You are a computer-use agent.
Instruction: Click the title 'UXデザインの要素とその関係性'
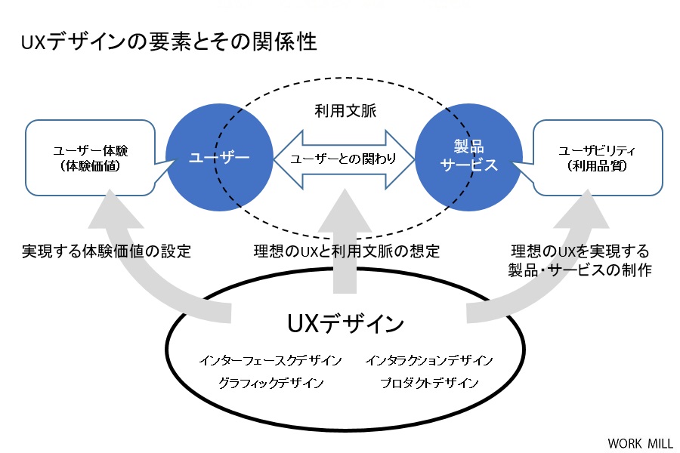pos(169,42)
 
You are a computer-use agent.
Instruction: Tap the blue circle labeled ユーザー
pos(219,157)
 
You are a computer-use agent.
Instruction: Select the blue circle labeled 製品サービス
pos(468,157)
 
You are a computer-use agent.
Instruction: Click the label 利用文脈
pos(345,111)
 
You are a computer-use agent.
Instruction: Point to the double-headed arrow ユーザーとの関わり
pos(344,159)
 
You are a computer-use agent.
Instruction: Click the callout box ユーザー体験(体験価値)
pos(90,158)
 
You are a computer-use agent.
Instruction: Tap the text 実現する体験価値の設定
pos(107,251)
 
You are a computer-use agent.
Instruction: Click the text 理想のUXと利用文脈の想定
pos(347,251)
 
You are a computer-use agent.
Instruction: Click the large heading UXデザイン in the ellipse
pos(345,323)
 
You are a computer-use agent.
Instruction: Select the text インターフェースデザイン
pos(270,360)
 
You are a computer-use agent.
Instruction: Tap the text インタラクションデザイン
pos(429,360)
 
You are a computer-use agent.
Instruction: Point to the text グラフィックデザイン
pos(270,383)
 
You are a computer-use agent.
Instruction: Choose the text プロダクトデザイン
pos(429,383)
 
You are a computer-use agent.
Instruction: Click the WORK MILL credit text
pos(640,443)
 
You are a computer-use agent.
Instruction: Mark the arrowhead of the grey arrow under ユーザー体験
pos(111,191)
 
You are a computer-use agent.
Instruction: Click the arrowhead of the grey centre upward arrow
pos(345,190)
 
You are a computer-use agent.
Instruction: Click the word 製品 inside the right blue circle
pos(468,146)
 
